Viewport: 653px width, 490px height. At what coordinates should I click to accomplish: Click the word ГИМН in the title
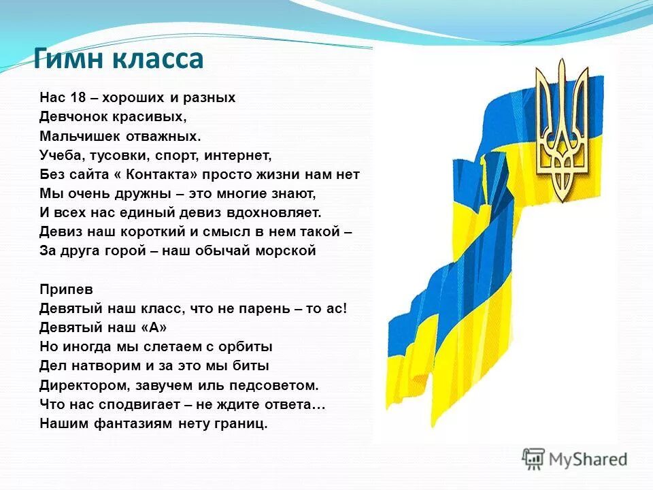tap(67, 59)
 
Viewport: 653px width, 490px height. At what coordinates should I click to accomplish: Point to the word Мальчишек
tap(72, 135)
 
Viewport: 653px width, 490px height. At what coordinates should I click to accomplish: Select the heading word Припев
tap(63, 289)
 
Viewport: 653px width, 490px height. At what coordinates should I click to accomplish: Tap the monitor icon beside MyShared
tap(534, 459)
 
